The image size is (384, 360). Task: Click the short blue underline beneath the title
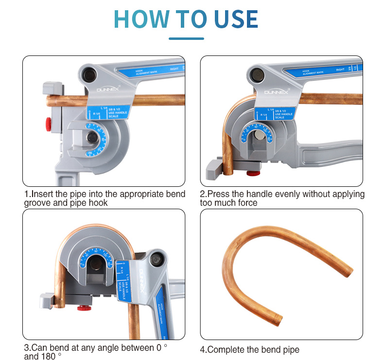[186, 38]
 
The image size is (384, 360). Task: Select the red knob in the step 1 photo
[49, 123]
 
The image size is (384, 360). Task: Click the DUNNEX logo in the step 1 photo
[104, 90]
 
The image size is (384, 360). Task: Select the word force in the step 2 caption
[247, 202]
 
